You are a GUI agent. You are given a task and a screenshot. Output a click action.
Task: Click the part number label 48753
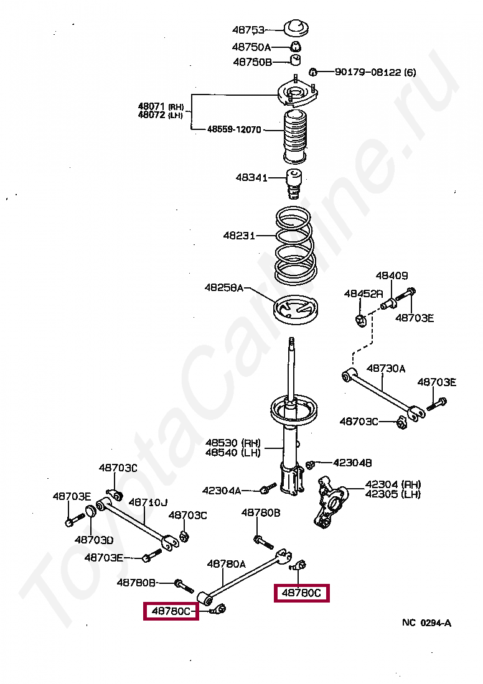point(248,29)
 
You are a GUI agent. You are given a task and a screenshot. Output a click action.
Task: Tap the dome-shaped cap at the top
point(298,29)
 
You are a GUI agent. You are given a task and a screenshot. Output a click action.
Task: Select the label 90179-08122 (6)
point(375,72)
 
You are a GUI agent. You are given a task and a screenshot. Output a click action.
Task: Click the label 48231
point(239,236)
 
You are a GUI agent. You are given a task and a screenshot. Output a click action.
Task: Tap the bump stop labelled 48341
point(294,182)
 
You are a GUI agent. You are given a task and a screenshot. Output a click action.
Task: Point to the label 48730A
point(385,368)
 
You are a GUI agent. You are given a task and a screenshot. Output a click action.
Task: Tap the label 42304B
point(352,463)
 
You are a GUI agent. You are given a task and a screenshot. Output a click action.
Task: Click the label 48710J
point(148,502)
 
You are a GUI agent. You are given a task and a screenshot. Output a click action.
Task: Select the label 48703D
point(94,539)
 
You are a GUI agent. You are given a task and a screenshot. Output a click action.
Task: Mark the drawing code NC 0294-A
point(426,622)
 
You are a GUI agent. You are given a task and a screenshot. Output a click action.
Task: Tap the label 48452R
point(364,293)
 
